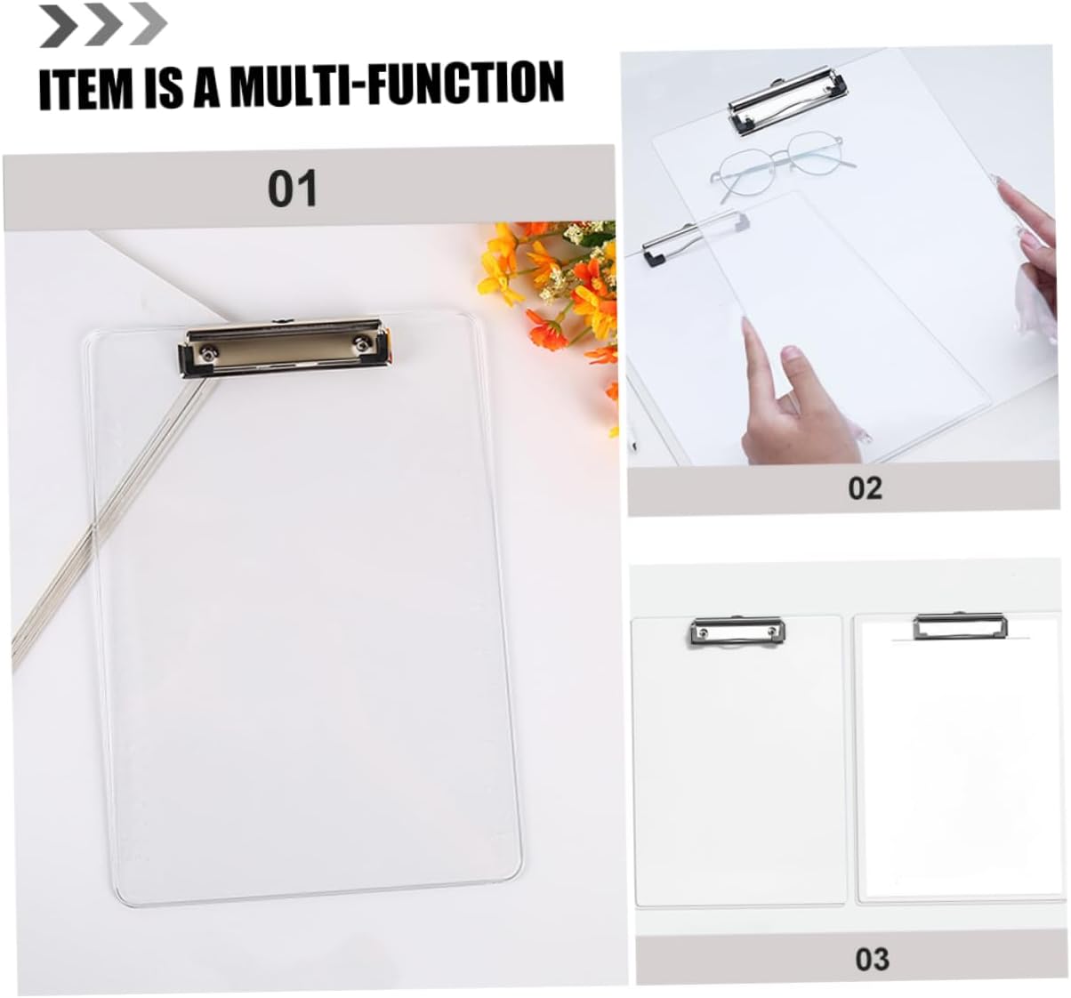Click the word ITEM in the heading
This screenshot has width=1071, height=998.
click(86, 86)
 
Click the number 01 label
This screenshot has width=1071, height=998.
click(293, 189)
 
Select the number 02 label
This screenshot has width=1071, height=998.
click(865, 488)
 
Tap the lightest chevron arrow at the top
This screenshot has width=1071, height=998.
click(148, 23)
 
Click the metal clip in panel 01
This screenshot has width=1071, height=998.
click(285, 348)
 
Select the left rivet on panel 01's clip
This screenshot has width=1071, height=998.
click(207, 352)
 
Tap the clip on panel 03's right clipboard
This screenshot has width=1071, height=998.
click(961, 627)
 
